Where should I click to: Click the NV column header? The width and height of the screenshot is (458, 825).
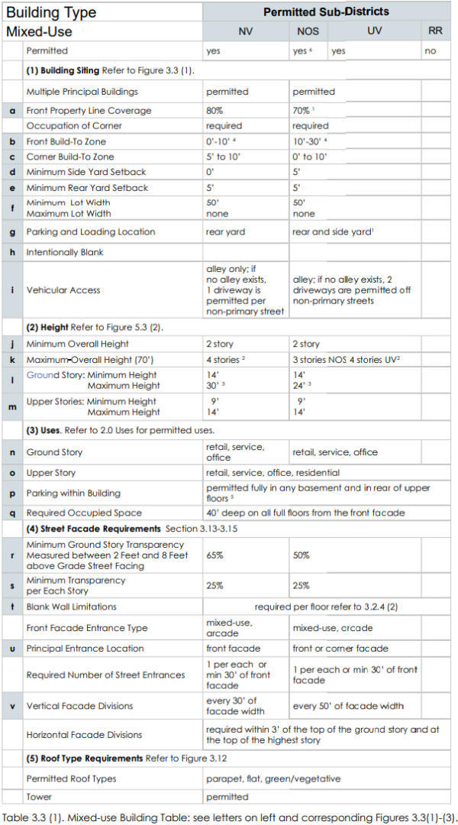coord(245,31)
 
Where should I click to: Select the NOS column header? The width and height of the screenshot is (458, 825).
coord(308,31)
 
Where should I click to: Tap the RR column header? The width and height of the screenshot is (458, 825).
coord(435,31)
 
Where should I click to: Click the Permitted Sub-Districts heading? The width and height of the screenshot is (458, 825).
coord(326,11)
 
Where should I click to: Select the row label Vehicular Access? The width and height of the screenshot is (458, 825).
coord(63,290)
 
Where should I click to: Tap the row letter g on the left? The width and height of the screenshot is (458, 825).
coord(12,231)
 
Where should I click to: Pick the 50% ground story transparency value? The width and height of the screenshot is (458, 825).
coord(301,555)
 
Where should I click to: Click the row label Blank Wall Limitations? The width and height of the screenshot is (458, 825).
coord(72,607)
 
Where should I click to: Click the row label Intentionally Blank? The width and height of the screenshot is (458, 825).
coord(65,252)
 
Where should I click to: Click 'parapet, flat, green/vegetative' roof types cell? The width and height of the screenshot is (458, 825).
coord(273,778)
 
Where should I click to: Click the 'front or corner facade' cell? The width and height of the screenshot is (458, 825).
coord(340,649)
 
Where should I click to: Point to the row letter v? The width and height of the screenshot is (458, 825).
coord(12,706)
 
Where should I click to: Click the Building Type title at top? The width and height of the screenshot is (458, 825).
coord(51,12)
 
